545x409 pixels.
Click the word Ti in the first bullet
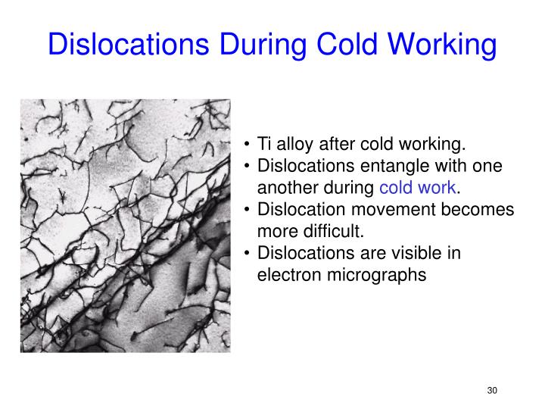point(264,145)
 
